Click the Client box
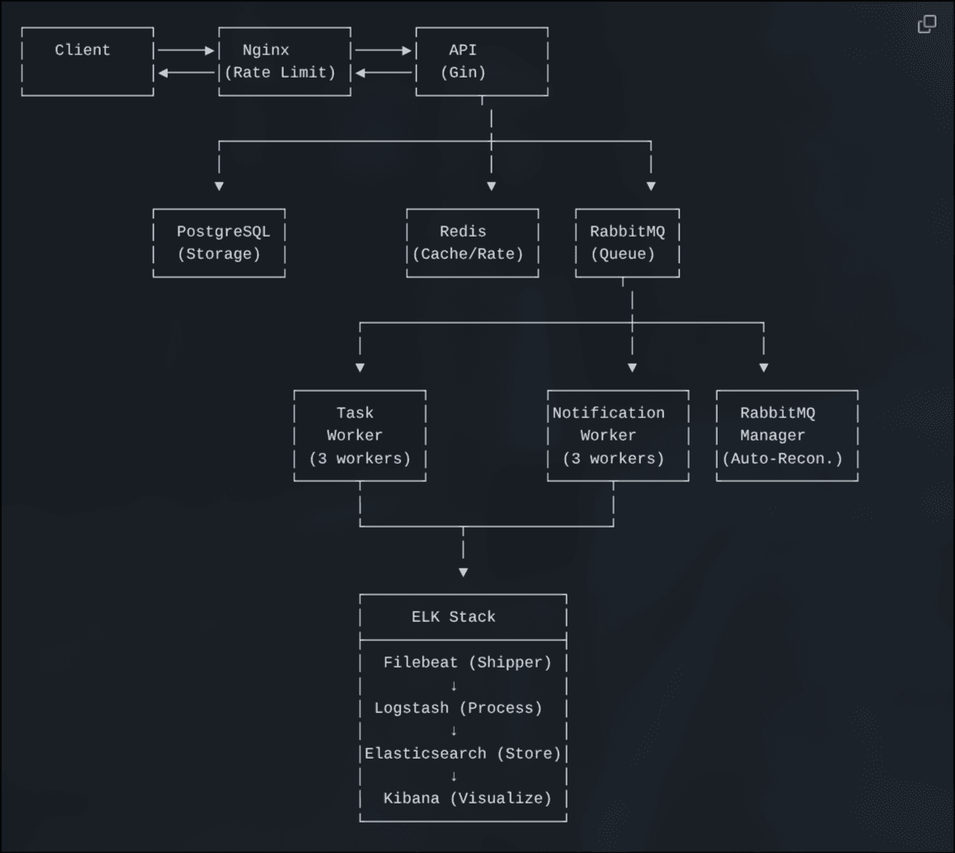(x=87, y=62)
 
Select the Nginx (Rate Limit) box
(x=285, y=62)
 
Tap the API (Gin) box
(x=481, y=62)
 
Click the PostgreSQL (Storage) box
(x=219, y=243)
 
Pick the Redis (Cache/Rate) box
(x=472, y=243)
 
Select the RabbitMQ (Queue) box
(x=627, y=243)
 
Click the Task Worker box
(x=360, y=436)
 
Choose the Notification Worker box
(x=618, y=436)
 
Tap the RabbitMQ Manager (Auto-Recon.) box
(x=786, y=436)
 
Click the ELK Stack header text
(x=453, y=616)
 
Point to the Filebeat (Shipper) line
(x=467, y=662)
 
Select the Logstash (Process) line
(x=458, y=708)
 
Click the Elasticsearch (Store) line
(x=463, y=753)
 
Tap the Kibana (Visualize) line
(x=467, y=798)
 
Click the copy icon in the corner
(x=926, y=25)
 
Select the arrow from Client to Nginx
(x=186, y=50)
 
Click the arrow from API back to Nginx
(x=384, y=73)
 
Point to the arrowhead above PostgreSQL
(x=219, y=186)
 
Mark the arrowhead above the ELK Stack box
(x=464, y=572)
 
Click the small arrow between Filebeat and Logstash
(x=454, y=685)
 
